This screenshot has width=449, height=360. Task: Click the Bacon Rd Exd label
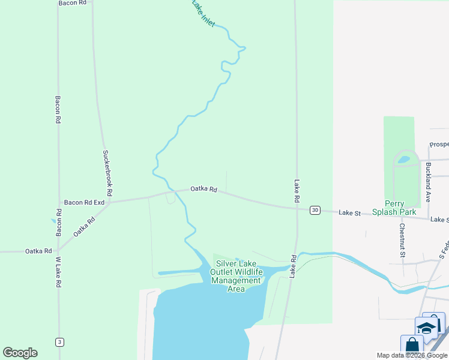coord(85,203)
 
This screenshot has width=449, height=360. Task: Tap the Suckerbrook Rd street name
coord(107,173)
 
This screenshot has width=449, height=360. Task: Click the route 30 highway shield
coord(315,210)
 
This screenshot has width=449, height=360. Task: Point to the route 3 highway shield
coord(59,342)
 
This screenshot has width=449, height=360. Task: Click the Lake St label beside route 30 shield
coord(349,213)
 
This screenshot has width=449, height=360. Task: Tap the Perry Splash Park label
coord(394,208)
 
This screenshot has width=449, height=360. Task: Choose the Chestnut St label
coord(402,241)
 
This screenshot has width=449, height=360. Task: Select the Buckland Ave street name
coord(428,181)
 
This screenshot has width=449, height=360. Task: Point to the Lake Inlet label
coord(203,13)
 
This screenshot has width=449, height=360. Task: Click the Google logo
coord(20,353)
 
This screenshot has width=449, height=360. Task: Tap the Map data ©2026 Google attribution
coord(412,355)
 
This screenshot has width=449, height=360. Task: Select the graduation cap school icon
coord(426,328)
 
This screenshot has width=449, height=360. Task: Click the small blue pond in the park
coord(404,160)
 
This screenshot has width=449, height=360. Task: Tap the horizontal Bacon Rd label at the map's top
coord(73,3)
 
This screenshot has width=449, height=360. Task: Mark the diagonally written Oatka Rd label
coord(85,227)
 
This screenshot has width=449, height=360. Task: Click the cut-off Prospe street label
coord(439,145)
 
